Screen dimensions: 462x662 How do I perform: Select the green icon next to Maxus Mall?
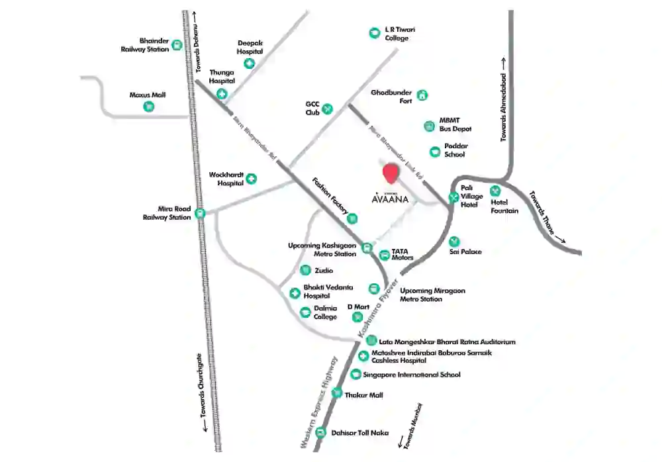point(149,107)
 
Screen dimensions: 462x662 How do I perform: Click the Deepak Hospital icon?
point(250,64)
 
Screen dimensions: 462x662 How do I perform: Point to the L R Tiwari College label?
point(400,34)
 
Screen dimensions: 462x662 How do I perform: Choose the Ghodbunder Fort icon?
point(422,96)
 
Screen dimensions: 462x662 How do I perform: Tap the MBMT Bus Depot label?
point(455,124)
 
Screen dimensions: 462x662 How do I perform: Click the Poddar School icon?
point(434,152)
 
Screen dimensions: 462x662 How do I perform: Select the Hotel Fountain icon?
point(495,191)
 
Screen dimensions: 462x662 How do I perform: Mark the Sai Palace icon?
point(453,242)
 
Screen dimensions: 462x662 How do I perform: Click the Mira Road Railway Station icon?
point(200,213)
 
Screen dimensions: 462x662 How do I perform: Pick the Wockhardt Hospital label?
point(226,179)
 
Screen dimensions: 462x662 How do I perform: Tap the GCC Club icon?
point(327,108)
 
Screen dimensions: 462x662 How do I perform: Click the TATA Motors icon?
point(385,255)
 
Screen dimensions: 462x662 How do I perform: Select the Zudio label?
point(324,271)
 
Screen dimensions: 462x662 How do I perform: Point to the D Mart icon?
point(354,316)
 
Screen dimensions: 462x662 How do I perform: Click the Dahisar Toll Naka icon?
point(321,433)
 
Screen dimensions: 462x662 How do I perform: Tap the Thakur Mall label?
point(364,395)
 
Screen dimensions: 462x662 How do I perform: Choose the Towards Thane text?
point(547,218)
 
